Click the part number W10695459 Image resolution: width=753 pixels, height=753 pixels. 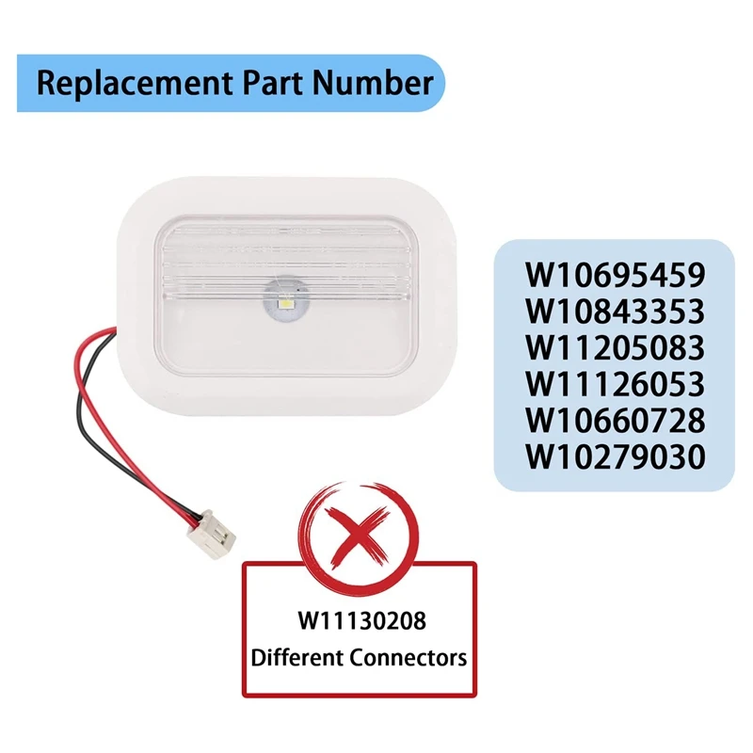pos(616,275)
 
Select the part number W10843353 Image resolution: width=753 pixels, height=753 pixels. pos(616,312)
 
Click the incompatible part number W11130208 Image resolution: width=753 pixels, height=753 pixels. pos(358,623)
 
